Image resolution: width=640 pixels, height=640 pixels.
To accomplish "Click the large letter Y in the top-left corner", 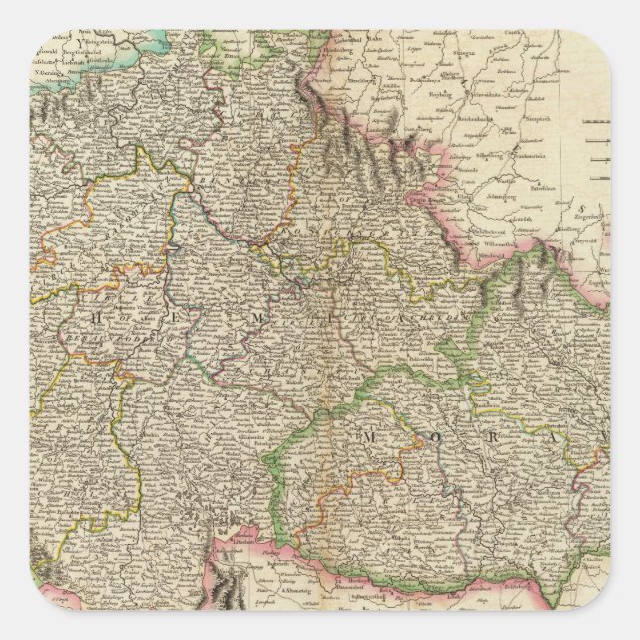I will [x=72, y=45].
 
